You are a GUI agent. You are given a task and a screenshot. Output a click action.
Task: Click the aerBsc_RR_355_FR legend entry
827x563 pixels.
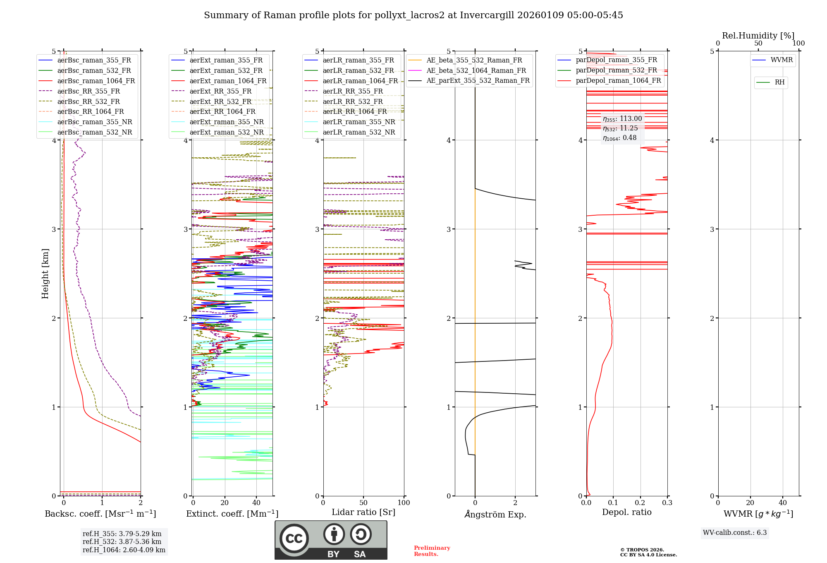88,91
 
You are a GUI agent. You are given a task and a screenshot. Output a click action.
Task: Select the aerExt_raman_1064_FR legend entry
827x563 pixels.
228,81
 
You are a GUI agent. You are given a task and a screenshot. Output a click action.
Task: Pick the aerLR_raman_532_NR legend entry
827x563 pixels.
359,132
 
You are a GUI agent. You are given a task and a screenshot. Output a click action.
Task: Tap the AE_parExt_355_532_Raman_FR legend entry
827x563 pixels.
478,81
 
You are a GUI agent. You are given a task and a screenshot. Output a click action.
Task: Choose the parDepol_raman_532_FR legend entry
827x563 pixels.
616,70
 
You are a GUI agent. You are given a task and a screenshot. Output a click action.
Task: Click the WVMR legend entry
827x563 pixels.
782,60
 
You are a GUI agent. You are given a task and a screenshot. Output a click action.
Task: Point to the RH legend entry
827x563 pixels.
779,82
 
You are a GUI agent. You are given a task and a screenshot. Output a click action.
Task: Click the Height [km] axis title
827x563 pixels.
45,274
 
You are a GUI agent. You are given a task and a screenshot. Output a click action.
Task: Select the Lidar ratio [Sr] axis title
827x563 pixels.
363,512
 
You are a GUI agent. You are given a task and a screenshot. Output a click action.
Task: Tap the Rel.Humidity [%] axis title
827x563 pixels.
758,36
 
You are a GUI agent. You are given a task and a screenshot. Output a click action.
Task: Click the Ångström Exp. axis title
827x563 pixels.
495,514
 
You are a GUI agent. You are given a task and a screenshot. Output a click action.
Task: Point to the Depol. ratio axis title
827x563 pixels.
626,512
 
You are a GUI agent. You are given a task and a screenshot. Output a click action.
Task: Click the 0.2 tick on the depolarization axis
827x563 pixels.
640,503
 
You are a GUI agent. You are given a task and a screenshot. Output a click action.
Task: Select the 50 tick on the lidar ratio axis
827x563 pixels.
363,503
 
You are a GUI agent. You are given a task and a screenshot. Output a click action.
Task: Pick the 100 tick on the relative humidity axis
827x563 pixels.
798,43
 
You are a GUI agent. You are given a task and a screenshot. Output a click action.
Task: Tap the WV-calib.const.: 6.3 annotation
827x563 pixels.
735,533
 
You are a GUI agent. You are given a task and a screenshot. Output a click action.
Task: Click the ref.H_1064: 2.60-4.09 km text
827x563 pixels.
124,550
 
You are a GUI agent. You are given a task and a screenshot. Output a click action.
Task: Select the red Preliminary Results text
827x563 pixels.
432,551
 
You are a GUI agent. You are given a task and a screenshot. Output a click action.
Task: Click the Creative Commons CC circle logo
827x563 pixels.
294,538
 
